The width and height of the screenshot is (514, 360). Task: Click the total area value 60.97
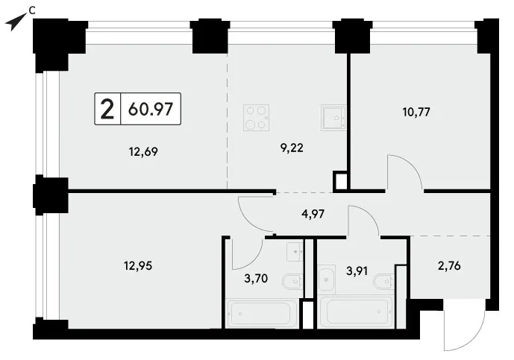pos(151,109)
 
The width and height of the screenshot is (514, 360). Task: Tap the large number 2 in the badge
pos(107,110)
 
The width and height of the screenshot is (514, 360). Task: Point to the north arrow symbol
pos(16,22)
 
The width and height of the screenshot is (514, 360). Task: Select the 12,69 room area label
pos(143,151)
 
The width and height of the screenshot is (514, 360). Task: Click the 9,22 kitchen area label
pos(292,148)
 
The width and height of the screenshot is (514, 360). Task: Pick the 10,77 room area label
pos(416,112)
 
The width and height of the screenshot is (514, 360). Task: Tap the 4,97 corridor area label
pos(313,214)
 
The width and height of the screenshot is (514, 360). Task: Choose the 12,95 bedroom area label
pos(138,265)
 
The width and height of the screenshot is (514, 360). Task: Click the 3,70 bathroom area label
pos(256,279)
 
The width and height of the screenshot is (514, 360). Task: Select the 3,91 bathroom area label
pos(357,271)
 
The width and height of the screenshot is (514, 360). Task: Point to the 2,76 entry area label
pos(449,265)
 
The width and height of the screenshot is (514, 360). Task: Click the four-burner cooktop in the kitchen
pos(257,118)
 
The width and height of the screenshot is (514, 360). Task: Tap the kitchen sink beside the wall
pos(333,118)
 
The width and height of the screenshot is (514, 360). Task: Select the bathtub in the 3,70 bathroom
pos(261,314)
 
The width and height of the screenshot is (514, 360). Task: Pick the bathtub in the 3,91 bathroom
pos(357,312)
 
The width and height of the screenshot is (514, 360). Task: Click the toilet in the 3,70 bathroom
pos(292,282)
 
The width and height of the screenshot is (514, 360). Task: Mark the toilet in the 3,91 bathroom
pos(384,282)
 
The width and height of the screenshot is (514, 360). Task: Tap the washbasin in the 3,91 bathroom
pos(327,280)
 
